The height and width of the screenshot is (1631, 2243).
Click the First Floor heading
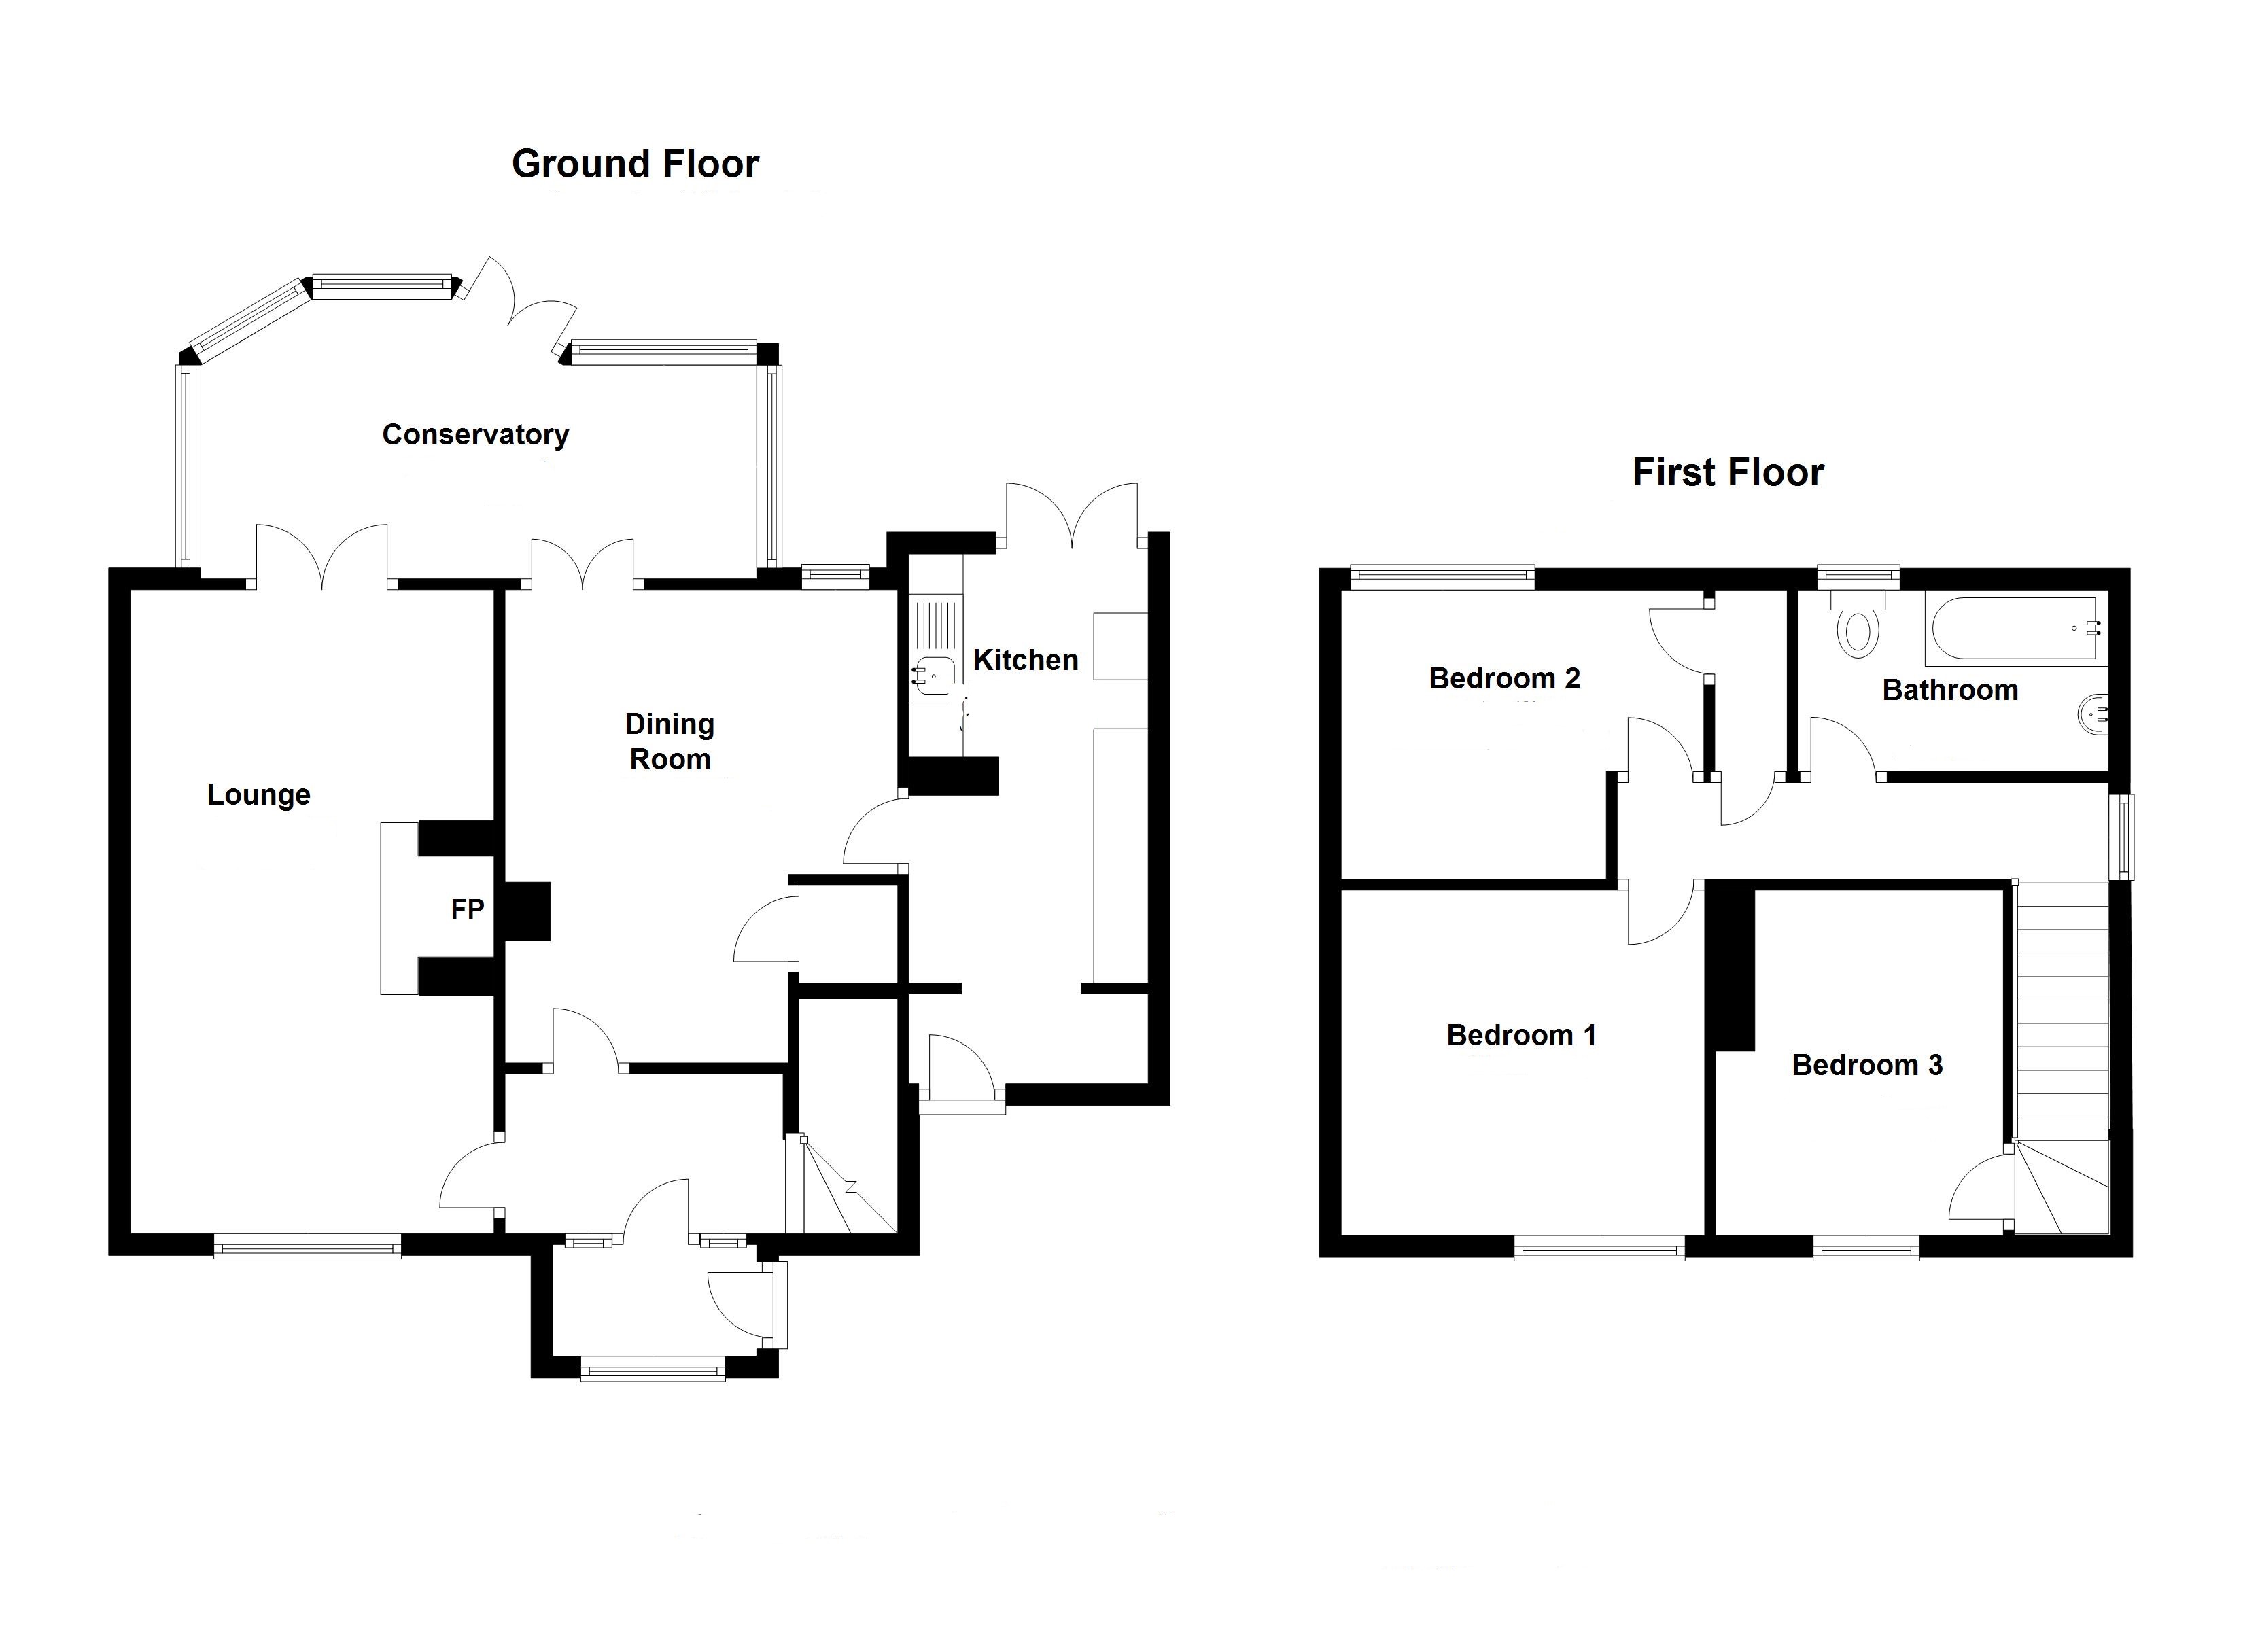tap(1728, 473)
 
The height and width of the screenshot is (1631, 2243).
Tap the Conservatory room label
tap(476, 435)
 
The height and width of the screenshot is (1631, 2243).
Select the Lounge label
tap(258, 794)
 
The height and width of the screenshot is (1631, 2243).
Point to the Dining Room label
tap(670, 742)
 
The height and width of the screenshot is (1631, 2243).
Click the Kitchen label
tap(1026, 660)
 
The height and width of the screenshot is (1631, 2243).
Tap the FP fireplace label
tap(468, 909)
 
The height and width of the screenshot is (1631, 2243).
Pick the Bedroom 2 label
tap(1504, 678)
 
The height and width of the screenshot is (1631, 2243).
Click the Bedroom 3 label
tap(1867, 1064)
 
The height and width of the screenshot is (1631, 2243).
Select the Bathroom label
tap(1950, 690)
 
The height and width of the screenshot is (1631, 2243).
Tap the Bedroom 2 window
tap(1442, 577)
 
